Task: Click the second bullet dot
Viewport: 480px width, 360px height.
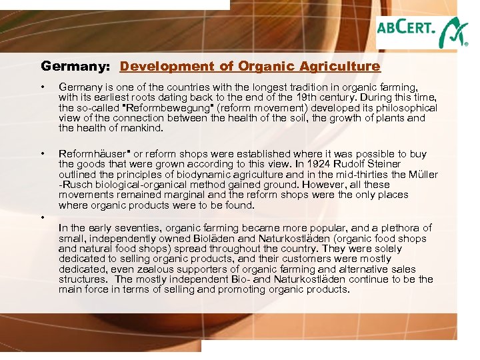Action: pyautogui.click(x=43, y=154)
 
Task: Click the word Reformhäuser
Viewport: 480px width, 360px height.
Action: pyautogui.click(x=93, y=154)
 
